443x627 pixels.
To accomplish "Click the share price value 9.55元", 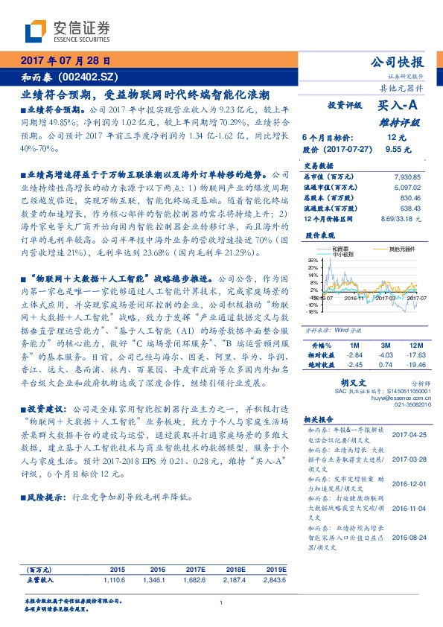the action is (x=398, y=149).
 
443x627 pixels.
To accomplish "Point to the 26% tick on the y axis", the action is (x=313, y=261).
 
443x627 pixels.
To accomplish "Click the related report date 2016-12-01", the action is (x=407, y=483).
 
